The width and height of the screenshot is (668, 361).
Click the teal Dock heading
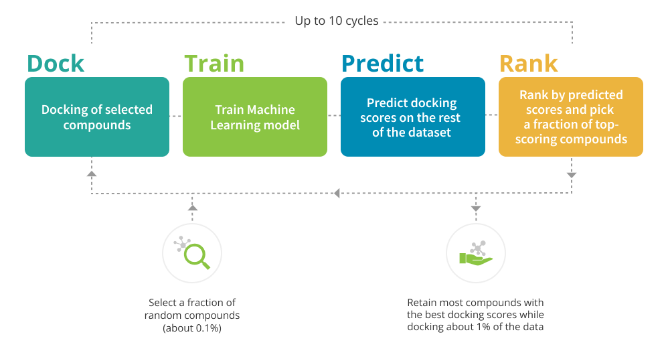(56, 64)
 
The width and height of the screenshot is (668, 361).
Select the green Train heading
(214, 64)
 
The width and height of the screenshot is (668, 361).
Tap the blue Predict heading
(383, 64)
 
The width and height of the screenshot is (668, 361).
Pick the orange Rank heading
(528, 64)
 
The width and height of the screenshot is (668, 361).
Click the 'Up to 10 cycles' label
(337, 21)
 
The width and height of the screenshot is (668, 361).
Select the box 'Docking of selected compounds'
(97, 117)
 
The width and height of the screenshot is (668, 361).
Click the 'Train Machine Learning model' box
(255, 117)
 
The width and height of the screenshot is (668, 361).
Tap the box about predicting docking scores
(413, 117)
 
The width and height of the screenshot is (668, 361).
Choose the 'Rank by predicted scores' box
(571, 117)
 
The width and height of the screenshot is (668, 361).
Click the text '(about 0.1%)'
(192, 328)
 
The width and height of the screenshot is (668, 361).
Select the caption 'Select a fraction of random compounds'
(192, 309)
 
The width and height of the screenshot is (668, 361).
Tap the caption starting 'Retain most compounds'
(475, 315)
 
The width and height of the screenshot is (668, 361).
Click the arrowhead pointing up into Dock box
(92, 174)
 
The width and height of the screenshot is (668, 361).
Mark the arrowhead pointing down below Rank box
(572, 175)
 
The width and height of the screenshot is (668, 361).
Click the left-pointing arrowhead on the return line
(337, 194)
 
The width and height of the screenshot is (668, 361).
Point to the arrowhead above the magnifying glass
(193, 208)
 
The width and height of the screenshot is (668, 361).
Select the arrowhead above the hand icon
(476, 208)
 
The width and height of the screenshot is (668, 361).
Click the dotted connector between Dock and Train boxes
(176, 116)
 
